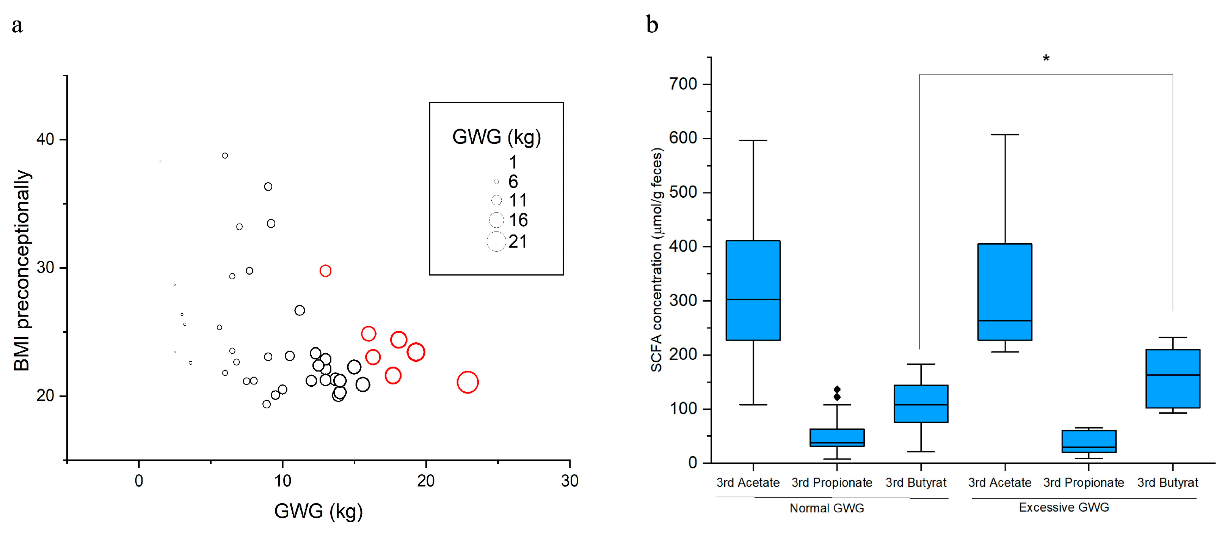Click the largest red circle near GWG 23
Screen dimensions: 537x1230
pos(468,382)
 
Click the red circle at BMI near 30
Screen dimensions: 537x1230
pos(325,271)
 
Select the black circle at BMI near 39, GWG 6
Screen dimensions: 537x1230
pos(225,156)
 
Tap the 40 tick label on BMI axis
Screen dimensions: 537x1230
pos(45,140)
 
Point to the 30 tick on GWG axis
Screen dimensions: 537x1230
pos(570,480)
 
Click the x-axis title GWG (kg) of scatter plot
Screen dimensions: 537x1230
pos(318,511)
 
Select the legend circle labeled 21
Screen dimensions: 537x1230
pos(496,241)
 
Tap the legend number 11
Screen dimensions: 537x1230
pos(518,201)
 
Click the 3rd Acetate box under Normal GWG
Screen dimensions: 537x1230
pos(753,290)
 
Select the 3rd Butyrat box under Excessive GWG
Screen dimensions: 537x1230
pos(1172,378)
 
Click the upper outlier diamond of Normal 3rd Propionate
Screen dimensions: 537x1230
pos(837,389)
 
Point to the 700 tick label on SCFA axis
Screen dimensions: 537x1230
pos(683,84)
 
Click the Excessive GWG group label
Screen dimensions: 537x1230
pos(1064,507)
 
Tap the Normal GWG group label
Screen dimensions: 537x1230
pos(827,508)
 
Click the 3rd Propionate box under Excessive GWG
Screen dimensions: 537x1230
pos(1089,441)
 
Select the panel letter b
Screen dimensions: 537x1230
pos(652,25)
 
